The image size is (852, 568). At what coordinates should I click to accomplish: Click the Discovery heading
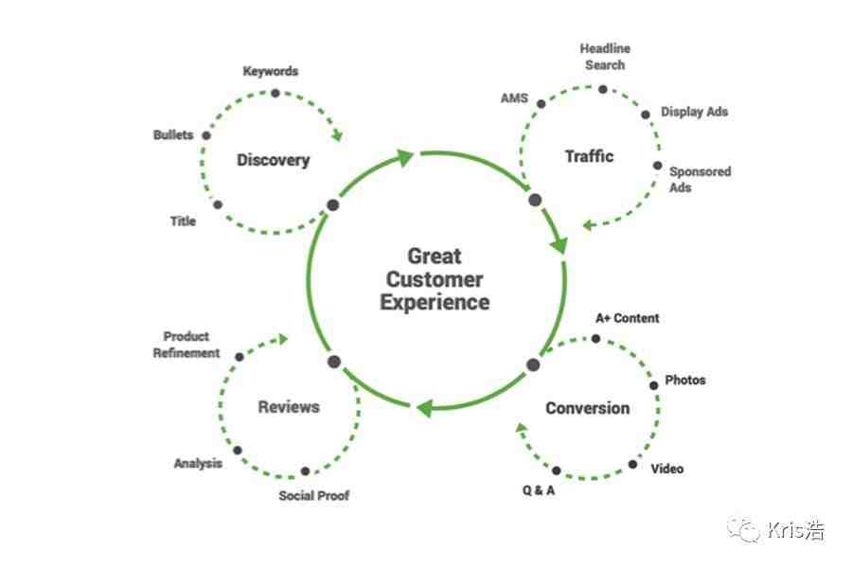click(x=274, y=160)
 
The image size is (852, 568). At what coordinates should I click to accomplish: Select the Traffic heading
click(x=589, y=156)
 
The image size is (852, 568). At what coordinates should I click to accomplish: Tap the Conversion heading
click(x=587, y=408)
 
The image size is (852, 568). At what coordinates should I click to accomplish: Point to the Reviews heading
click(x=289, y=407)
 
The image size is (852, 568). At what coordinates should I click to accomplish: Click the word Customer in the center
click(x=435, y=279)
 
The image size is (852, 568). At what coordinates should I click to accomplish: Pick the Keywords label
click(x=271, y=71)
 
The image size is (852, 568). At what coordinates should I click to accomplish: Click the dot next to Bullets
click(x=206, y=135)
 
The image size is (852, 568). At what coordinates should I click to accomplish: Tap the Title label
click(x=183, y=222)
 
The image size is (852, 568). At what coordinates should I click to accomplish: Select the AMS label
click(x=514, y=98)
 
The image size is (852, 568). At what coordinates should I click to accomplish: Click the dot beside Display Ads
click(x=646, y=115)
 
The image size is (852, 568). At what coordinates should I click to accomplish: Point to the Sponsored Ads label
click(x=700, y=179)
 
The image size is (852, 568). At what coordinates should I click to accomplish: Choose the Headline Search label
click(x=605, y=57)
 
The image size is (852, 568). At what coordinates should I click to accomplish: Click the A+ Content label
click(x=627, y=318)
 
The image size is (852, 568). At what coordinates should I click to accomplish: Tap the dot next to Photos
click(x=653, y=385)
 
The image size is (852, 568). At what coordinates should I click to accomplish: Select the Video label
click(x=667, y=469)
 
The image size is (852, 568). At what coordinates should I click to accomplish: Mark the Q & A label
click(x=539, y=490)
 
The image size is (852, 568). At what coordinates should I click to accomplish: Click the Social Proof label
click(x=314, y=496)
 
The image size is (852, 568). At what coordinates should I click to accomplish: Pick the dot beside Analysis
click(x=238, y=451)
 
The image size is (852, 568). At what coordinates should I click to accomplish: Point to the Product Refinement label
click(x=186, y=345)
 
